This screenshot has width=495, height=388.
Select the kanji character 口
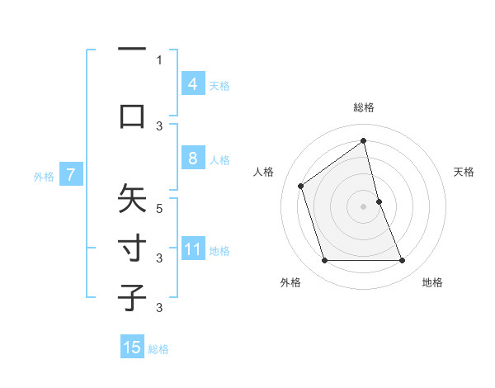pos(132,114)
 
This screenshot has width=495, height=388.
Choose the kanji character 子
pos(132,297)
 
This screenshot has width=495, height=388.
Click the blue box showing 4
pos(192,83)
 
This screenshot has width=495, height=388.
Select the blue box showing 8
pos(192,159)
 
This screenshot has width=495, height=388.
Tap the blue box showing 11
pos(192,249)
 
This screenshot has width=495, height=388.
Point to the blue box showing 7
pos(71,174)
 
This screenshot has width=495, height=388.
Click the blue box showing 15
pos(132,348)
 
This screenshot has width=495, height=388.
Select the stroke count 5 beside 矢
pos(159,209)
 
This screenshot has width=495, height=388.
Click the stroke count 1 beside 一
pos(159,60)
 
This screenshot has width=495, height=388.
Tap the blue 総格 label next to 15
pos(158,349)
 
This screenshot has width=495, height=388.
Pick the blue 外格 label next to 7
pos(44,176)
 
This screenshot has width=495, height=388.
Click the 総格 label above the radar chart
pos(363,107)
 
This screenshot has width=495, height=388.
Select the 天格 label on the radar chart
pos(464,172)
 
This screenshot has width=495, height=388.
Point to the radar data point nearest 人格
pos(301,186)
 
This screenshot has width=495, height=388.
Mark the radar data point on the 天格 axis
pos(379,201)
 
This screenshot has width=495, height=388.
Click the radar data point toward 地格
pos(402,261)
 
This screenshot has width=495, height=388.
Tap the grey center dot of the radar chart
pos(363,206)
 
